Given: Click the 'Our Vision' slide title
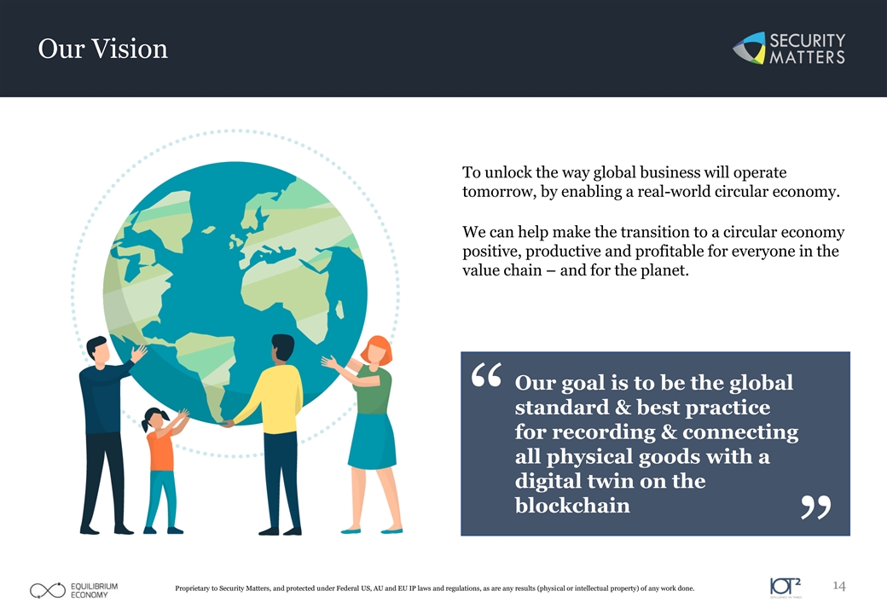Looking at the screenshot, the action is [103, 49].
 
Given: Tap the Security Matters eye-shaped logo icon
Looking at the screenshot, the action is [749, 48].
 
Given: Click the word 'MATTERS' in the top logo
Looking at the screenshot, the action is [807, 57].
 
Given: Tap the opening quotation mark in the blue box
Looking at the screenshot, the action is [486, 375].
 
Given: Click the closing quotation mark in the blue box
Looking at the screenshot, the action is [815, 507].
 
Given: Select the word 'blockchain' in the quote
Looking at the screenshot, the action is [572, 505].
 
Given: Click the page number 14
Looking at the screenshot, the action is [839, 586].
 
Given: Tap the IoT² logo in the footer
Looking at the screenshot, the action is [786, 587].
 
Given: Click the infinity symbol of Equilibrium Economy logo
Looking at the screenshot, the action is [48, 590].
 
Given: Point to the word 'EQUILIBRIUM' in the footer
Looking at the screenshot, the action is [94, 587].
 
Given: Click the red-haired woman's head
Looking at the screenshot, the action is [375, 350].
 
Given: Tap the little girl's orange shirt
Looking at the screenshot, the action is [160, 449].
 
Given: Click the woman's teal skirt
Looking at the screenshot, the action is [372, 441].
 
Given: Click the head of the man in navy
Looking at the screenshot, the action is [98, 351].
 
